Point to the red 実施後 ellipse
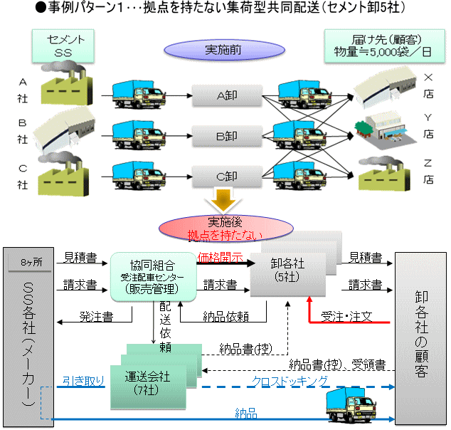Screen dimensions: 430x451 pyautogui.click(x=225, y=226)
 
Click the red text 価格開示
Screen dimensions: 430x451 pyautogui.click(x=221, y=256)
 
